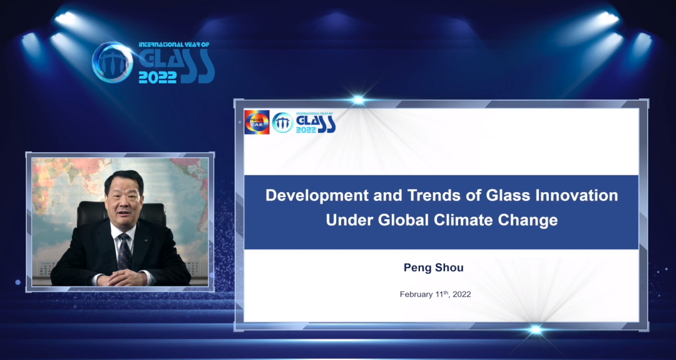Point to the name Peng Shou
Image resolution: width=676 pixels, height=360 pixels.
pyautogui.click(x=433, y=268)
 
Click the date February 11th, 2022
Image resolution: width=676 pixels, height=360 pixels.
pyautogui.click(x=435, y=294)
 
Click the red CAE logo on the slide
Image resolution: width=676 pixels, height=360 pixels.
pyautogui.click(x=257, y=122)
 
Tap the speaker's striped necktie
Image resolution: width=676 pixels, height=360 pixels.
pyautogui.click(x=125, y=252)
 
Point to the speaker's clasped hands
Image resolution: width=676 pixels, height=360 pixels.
pyautogui.click(x=123, y=279)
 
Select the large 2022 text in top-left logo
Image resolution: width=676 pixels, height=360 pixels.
pyautogui.click(x=157, y=77)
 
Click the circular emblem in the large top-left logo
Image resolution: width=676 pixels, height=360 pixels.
pyautogui.click(x=113, y=63)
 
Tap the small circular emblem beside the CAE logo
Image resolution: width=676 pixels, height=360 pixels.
pyautogui.click(x=283, y=123)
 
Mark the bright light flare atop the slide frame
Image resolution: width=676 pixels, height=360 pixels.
pyautogui.click(x=357, y=100)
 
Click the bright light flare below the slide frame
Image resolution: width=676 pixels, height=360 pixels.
pyautogui.click(x=535, y=330)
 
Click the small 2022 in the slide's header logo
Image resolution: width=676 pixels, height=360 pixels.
pyautogui.click(x=306, y=130)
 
